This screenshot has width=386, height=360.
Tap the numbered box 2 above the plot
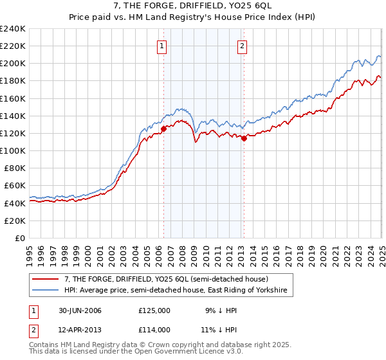point(242,46)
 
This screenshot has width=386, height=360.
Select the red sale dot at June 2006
point(163,129)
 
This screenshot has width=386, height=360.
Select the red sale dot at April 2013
point(244,138)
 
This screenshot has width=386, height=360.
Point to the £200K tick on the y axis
point(13,64)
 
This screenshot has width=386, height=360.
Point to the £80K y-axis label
point(14,168)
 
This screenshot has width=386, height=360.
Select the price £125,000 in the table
point(154,310)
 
